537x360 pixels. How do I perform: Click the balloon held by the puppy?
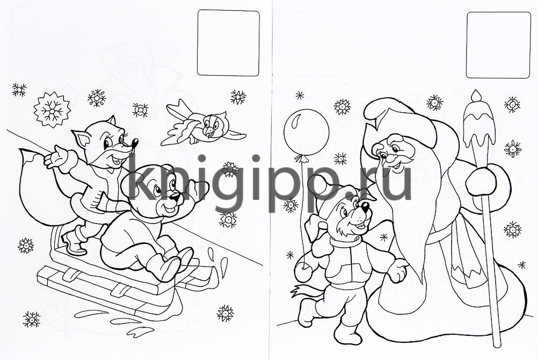tap(306, 132)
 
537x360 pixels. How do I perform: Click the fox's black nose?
tap(135, 142)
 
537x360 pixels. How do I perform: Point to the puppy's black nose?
tap(365, 206)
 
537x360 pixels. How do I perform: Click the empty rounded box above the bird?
tap(228, 42)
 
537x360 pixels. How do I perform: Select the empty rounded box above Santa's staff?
tap(498, 45)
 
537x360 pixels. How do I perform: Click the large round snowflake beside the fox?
tap(53, 110)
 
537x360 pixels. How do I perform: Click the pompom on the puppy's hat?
tap(317, 185)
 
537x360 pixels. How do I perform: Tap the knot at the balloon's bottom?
tap(301, 159)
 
